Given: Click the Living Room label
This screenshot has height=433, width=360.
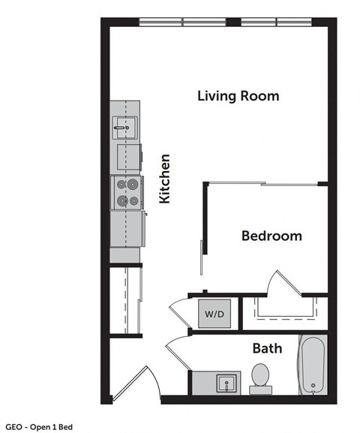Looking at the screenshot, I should coord(238,96).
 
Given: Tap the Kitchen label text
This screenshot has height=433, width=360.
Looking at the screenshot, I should coord(165,179).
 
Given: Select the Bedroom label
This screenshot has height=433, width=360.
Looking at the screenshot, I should coord(271,236).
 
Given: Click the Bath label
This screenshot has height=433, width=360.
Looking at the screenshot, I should coord(267,348).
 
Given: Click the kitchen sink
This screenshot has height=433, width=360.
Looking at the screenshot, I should coord(124,127).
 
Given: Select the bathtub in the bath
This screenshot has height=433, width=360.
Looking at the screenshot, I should coord(312,366).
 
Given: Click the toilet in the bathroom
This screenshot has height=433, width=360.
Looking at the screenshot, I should coord(260,376).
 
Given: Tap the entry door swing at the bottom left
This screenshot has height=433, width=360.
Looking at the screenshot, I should coord(135,383).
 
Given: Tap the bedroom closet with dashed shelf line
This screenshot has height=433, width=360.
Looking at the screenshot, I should coord(283,312).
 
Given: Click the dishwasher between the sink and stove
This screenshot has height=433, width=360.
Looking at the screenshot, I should coord(126,158).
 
